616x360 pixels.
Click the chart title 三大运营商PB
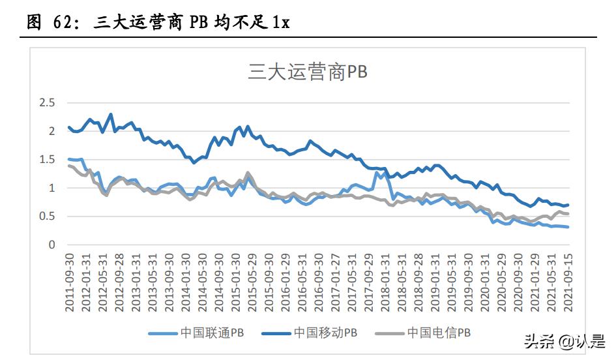308,71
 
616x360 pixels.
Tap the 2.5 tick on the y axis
47,103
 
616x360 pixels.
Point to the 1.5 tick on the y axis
47,160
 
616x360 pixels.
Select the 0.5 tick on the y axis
47,217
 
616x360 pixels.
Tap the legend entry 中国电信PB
439,333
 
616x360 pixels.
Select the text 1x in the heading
281,22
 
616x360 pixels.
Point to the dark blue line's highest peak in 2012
111,114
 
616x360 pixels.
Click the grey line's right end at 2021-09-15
567,214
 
